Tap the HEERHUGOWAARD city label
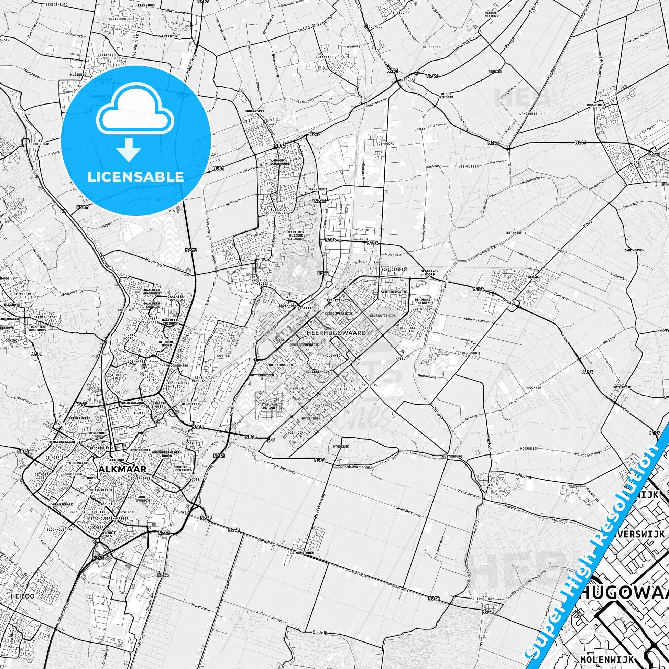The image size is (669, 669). [336, 333]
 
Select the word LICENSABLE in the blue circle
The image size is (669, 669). [136, 177]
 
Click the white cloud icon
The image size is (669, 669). [136, 114]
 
